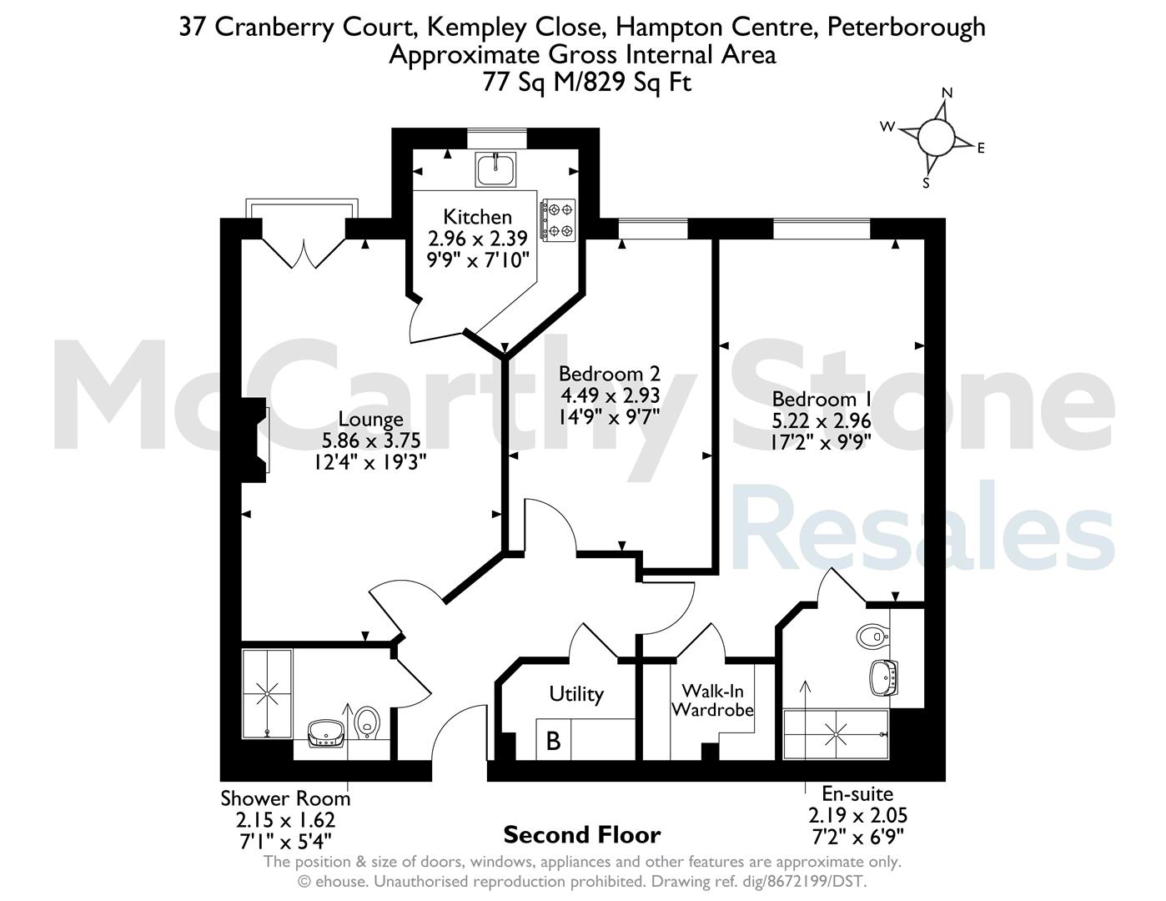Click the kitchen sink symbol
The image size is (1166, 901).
(495, 169)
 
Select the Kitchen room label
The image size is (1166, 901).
(478, 217)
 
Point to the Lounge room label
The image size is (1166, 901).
(370, 419)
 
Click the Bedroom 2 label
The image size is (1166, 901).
(610, 374)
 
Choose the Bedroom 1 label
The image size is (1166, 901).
(821, 400)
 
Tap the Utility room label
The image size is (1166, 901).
(576, 694)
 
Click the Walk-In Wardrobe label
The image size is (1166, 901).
(712, 700)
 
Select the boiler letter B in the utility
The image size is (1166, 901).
(553, 741)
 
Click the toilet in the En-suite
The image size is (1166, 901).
(873, 637)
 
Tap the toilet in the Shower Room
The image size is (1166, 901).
(368, 722)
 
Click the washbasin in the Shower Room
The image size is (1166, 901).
(326, 733)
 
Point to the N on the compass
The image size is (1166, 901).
(947, 93)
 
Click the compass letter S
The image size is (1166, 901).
(926, 183)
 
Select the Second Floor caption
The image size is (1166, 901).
(582, 835)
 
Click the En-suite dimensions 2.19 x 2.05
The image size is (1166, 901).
(857, 816)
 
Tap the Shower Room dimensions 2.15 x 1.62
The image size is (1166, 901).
(285, 820)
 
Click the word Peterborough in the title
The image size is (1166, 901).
(907, 28)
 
